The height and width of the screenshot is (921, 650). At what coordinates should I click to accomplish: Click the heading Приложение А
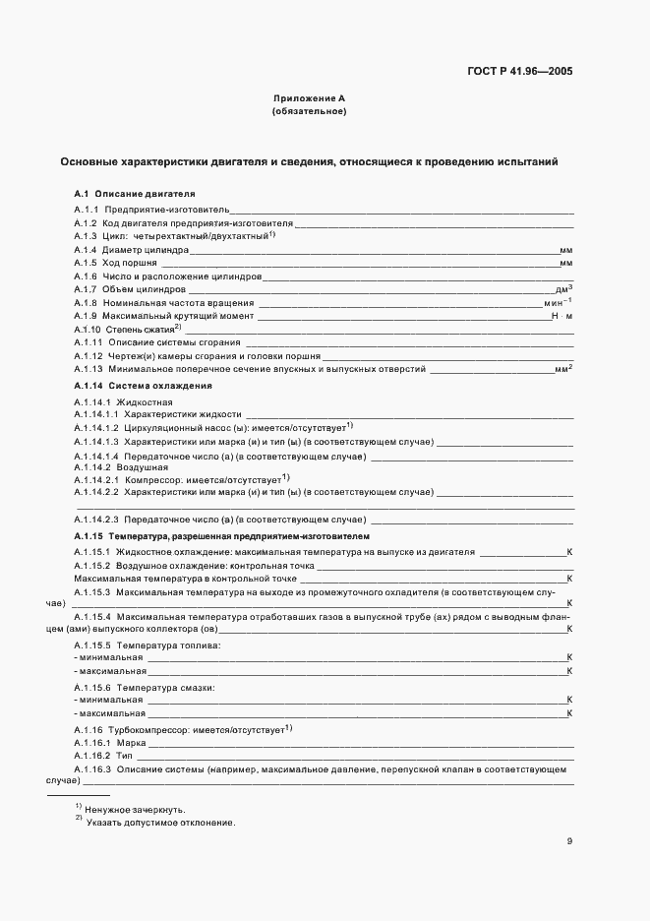tap(309, 99)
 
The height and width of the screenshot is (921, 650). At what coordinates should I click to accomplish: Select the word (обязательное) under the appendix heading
tap(309, 112)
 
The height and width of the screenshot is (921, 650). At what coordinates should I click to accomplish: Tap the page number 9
tap(569, 841)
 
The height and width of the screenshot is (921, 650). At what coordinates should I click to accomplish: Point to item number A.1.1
tap(87, 210)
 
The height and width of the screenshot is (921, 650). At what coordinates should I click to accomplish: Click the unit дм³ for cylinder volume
tap(563, 289)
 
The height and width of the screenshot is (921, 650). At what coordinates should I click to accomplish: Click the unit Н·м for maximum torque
tap(561, 316)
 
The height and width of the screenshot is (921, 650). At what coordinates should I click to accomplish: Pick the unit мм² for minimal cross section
tap(563, 369)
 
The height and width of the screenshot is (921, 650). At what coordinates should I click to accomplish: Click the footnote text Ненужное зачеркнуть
tap(135, 809)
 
